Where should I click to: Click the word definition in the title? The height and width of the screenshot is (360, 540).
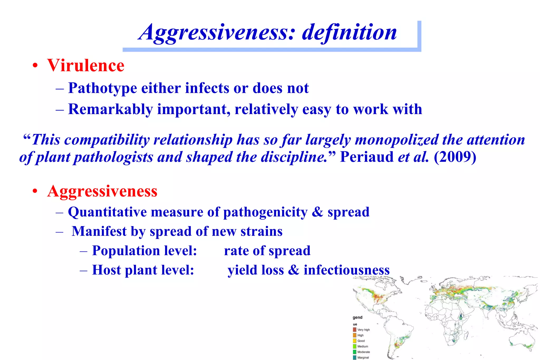point(349,32)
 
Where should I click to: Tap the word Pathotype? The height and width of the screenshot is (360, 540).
point(103,88)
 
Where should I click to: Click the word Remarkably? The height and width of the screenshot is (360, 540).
point(110,109)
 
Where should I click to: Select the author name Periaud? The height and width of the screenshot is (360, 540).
point(367,157)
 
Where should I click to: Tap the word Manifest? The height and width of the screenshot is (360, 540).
point(99,231)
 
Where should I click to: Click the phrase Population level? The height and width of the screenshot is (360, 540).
point(144,251)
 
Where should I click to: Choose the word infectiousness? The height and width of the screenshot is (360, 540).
point(346,270)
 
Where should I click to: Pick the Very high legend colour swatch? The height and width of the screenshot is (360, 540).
point(355,330)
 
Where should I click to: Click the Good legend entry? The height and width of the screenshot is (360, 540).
point(361,341)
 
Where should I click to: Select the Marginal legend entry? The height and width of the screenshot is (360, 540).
point(363,358)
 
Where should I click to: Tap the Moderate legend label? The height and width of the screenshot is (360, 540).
point(364,352)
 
